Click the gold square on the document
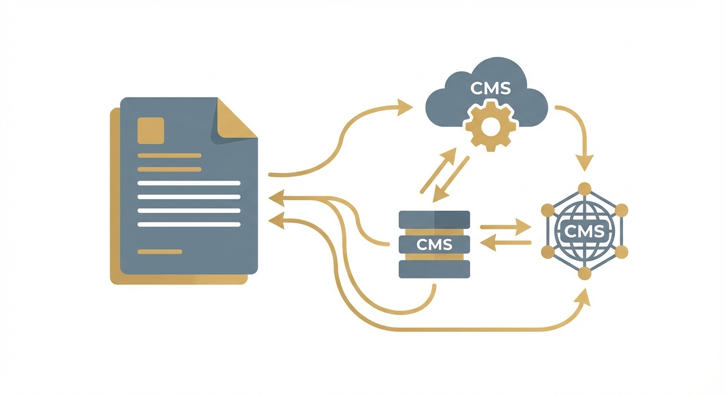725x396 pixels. point(151,130)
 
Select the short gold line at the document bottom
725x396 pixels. point(160,252)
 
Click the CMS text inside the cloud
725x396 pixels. point(490,88)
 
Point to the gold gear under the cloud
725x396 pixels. point(491,126)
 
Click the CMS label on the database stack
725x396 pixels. point(435,245)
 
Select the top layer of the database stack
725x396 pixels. point(435,219)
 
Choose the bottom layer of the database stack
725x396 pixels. point(435,269)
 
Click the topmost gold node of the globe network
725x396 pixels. point(584,189)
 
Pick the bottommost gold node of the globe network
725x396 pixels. point(584,273)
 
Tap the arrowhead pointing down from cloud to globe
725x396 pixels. point(584,162)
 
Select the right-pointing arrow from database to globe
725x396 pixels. point(506,227)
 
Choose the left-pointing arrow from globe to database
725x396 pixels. point(506,242)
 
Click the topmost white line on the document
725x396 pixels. point(188,183)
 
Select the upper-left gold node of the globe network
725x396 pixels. point(548,210)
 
